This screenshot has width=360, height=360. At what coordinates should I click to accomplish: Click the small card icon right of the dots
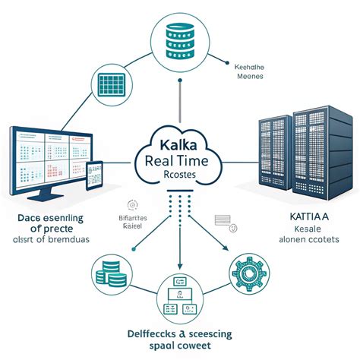224,219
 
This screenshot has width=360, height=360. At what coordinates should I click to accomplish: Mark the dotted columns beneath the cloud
180,205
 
